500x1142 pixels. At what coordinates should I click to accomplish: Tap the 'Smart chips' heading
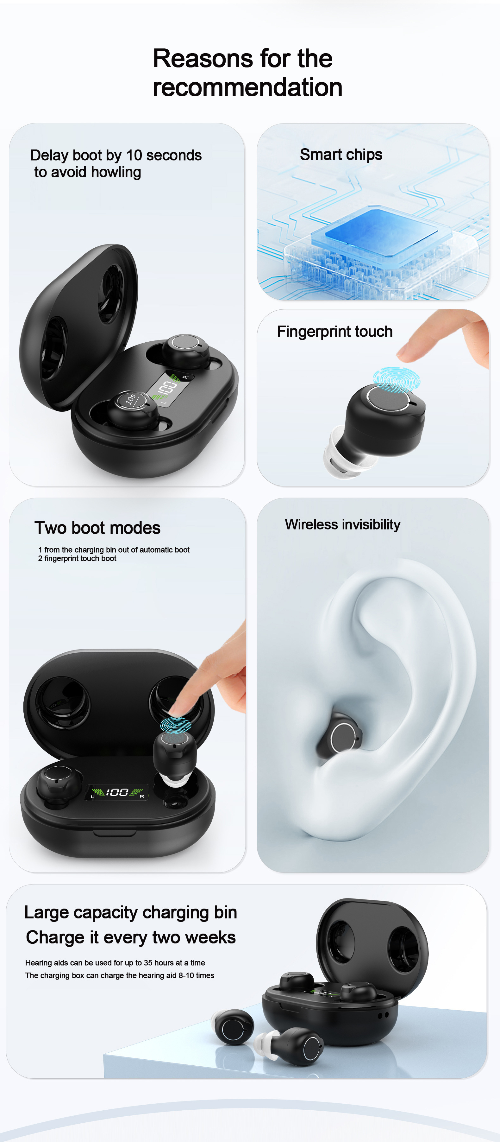coord(341,155)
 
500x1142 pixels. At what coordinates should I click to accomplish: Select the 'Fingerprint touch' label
coord(334,332)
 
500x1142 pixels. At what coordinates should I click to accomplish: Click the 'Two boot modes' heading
coord(97,528)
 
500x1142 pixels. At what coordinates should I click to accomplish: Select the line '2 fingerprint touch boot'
coord(77,559)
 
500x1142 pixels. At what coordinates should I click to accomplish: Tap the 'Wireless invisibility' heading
coord(342,524)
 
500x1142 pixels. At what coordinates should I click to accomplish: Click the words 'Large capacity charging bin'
coord(131,912)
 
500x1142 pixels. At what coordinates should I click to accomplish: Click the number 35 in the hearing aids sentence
coord(148,963)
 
